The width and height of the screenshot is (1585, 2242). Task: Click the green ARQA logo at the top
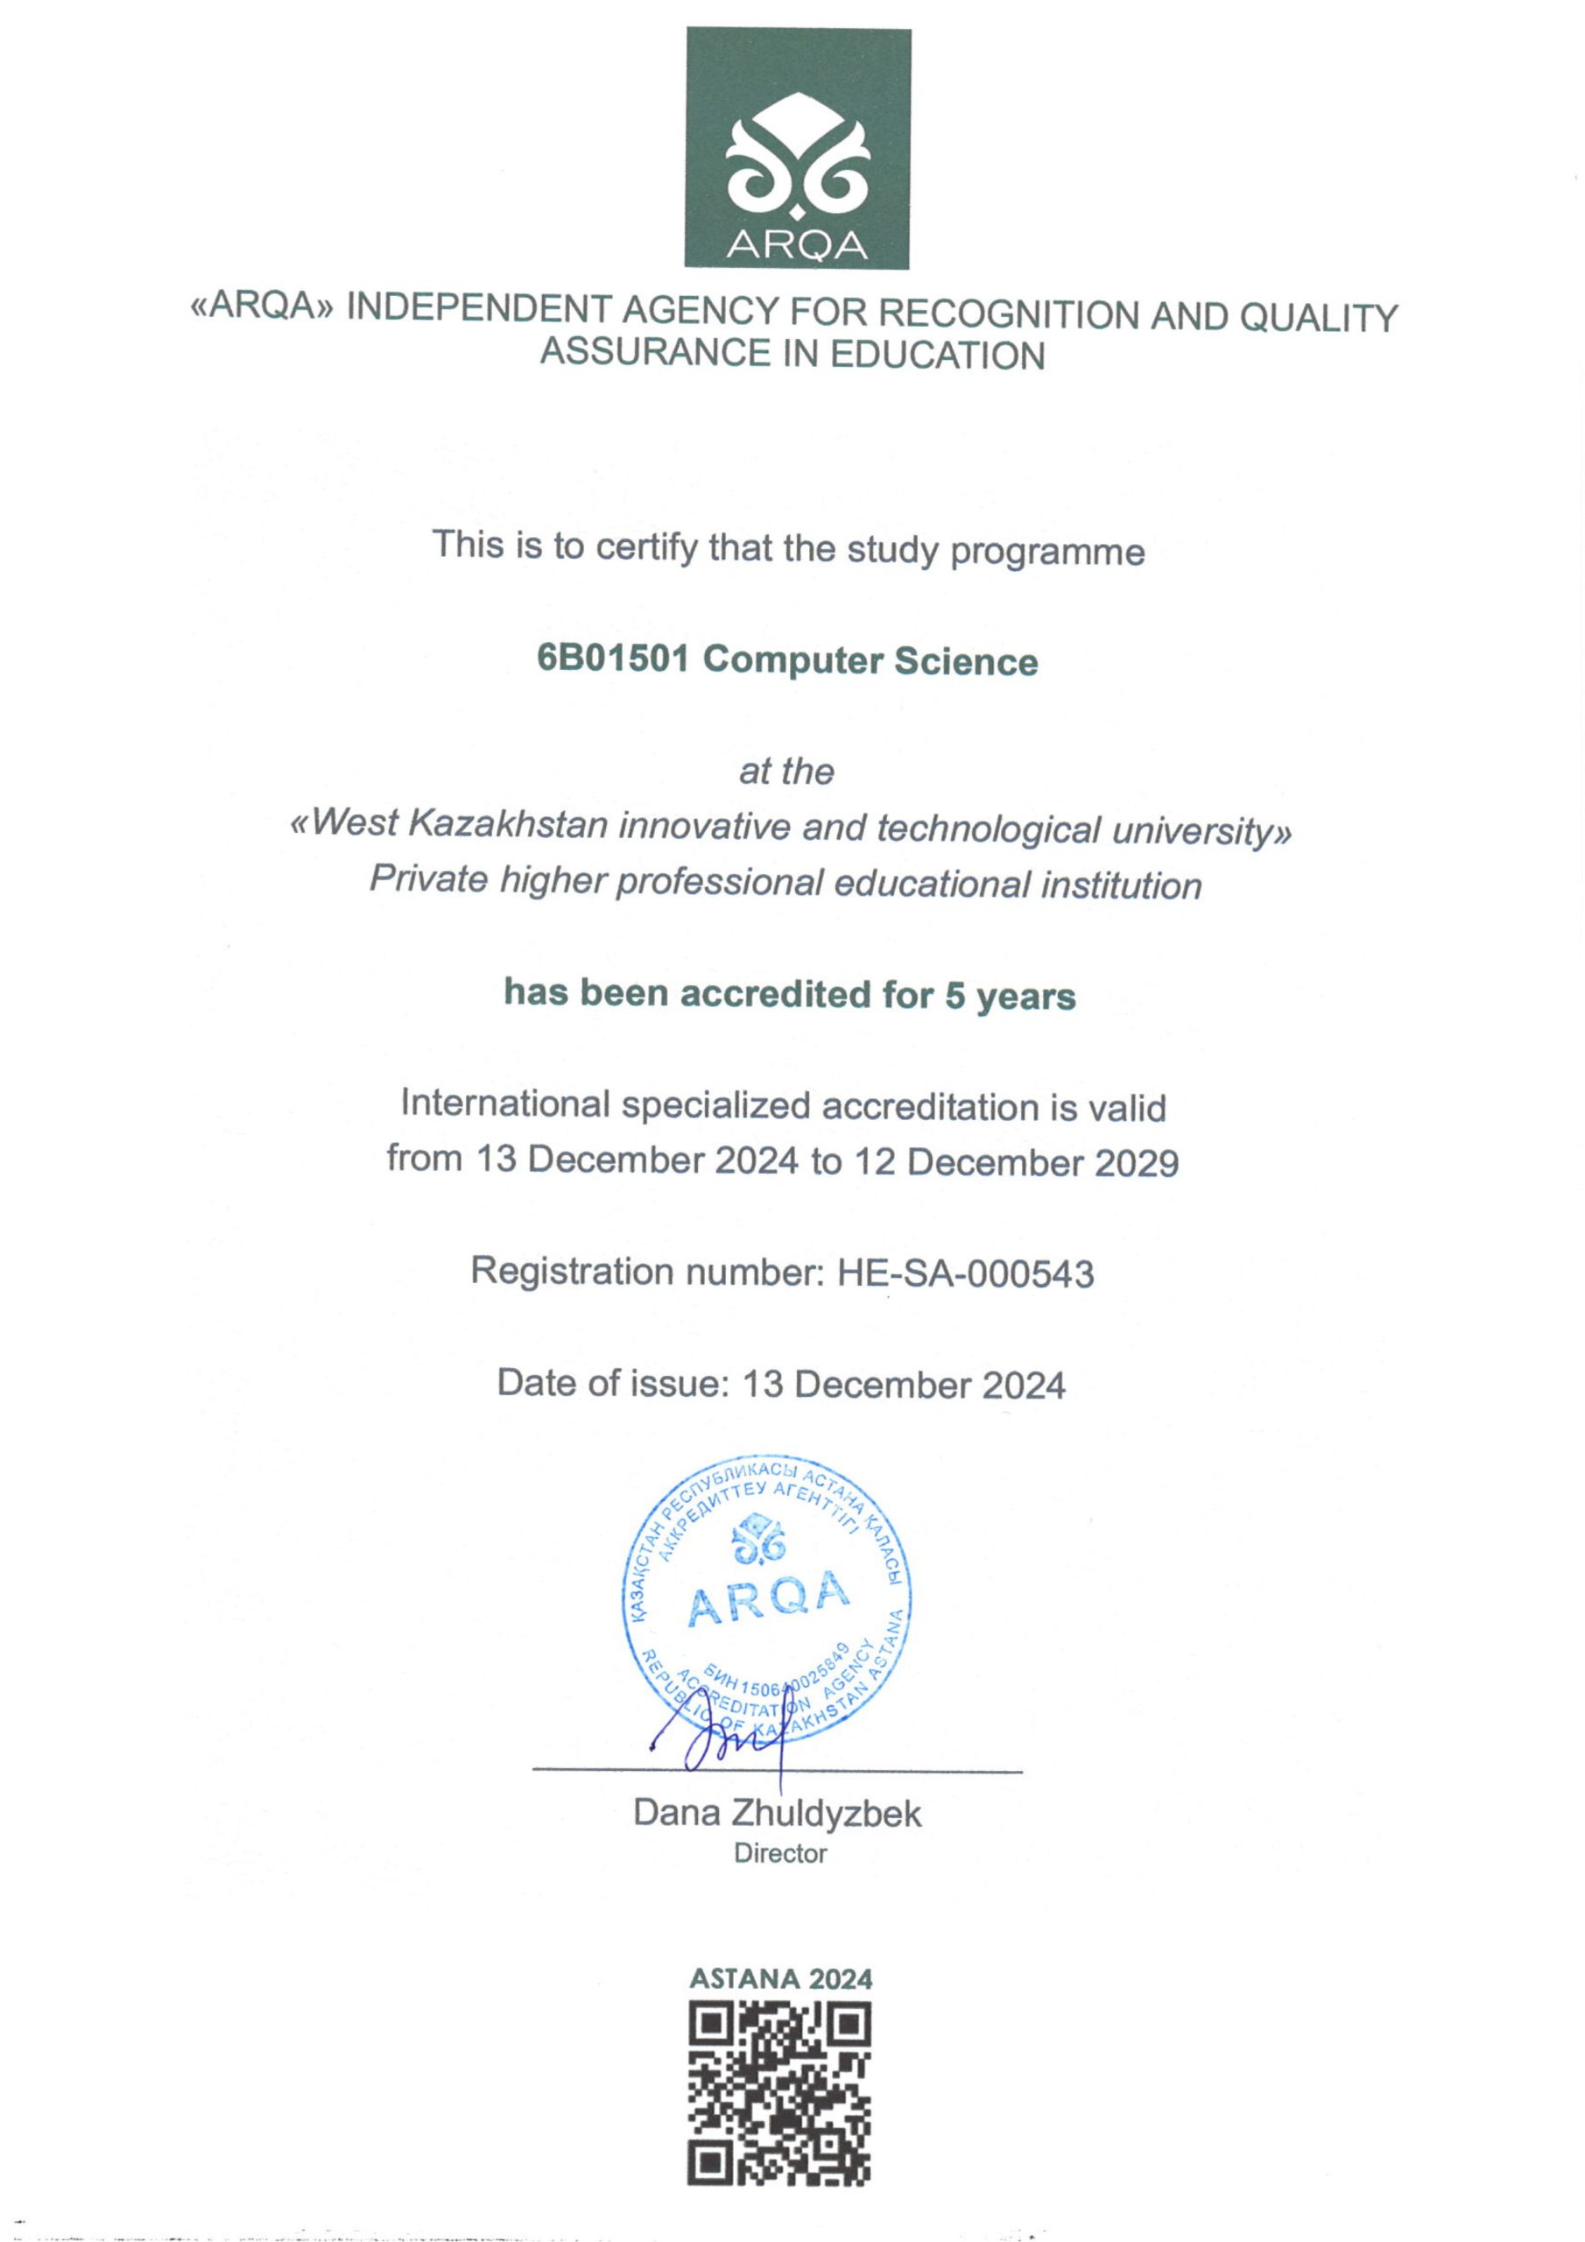pyautogui.click(x=797, y=147)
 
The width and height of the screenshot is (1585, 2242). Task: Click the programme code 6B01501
pyautogui.click(x=613, y=659)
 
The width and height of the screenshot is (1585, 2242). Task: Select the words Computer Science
pyautogui.click(x=870, y=661)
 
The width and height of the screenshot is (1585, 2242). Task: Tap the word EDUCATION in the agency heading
pyautogui.click(x=938, y=355)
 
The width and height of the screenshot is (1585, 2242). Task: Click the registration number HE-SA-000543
pyautogui.click(x=965, y=1273)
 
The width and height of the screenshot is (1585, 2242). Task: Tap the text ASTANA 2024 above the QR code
pyautogui.click(x=780, y=1978)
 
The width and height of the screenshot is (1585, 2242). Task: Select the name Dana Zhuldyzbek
pyautogui.click(x=777, y=1814)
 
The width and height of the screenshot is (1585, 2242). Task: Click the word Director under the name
pyautogui.click(x=780, y=1853)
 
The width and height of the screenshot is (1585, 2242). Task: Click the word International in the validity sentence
pyautogui.click(x=505, y=1104)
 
